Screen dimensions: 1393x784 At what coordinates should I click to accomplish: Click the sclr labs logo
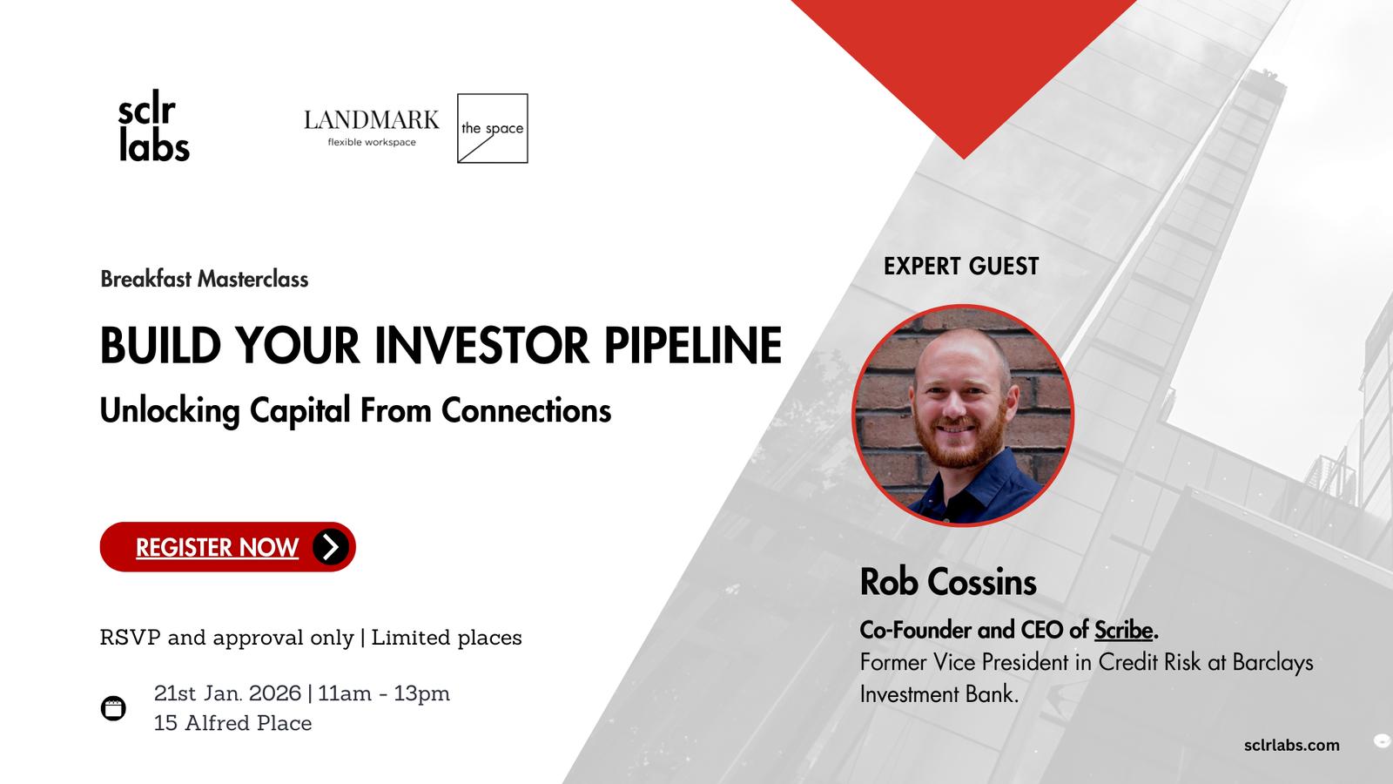pos(153,125)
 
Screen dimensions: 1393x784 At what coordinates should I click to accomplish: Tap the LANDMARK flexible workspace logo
pos(371,128)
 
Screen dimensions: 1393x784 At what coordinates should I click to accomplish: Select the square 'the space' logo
pos(493,128)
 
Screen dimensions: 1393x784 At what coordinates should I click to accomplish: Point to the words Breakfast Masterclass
pos(204,279)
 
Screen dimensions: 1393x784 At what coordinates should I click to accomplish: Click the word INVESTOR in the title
pos(482,345)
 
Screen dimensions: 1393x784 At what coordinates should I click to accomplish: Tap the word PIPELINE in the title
pos(693,345)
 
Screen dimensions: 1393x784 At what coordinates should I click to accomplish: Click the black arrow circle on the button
pos(330,547)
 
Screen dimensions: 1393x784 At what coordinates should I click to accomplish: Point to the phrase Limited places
pos(447,637)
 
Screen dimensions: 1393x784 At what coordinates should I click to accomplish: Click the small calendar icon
pos(113,708)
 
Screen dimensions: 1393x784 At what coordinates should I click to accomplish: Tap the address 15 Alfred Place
pos(232,723)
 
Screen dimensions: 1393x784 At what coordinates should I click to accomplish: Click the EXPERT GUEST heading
pos(961,267)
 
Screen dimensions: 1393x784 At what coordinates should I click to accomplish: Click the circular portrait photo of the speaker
pos(963,415)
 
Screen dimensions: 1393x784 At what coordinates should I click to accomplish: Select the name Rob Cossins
pos(948,583)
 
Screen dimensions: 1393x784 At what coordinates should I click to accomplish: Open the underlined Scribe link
pos(1124,631)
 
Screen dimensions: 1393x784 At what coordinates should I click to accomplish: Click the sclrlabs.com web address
pos(1292,745)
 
